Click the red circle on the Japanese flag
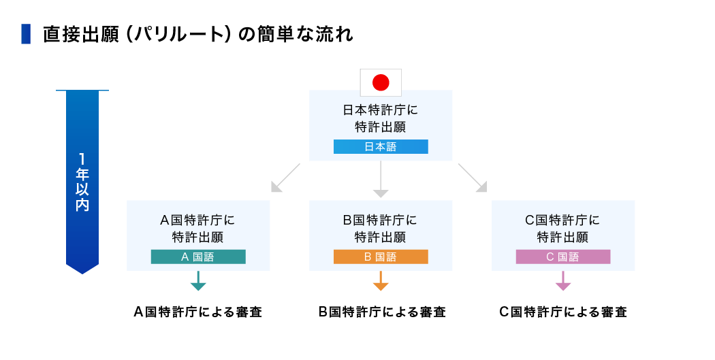[381, 82]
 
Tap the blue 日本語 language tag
[381, 146]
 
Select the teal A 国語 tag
[197, 257]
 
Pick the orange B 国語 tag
[381, 257]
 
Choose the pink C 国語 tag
[562, 257]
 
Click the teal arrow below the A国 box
[197, 282]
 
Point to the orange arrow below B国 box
[381, 282]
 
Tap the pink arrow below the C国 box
[562, 282]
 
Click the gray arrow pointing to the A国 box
[285, 178]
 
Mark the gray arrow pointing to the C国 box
[473, 178]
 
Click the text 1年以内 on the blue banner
[82, 182]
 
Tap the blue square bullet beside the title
[26, 34]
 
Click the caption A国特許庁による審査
[197, 312]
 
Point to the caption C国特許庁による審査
[563, 312]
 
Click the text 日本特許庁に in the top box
[381, 109]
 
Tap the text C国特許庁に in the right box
[562, 220]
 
